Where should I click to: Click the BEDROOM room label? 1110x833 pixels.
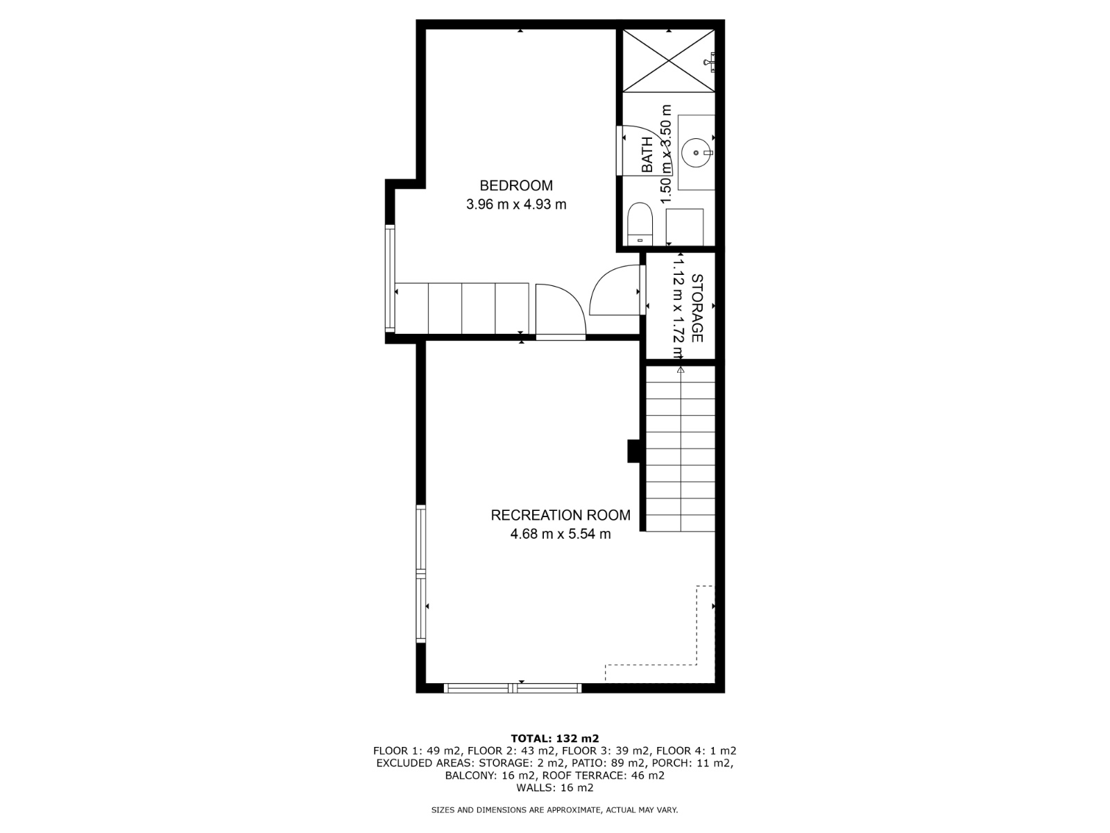click(x=516, y=185)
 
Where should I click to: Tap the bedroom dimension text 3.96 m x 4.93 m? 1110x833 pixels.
click(x=516, y=204)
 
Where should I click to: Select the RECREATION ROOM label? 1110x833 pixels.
click(x=561, y=515)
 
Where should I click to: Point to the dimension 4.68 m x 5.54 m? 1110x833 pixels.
click(x=561, y=534)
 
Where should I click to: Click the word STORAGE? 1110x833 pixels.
click(x=697, y=308)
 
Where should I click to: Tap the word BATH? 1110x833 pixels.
click(x=647, y=155)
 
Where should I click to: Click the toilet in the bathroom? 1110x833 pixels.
click(x=640, y=224)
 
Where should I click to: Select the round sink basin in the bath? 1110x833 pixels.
click(x=696, y=152)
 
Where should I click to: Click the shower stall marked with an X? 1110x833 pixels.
click(x=669, y=61)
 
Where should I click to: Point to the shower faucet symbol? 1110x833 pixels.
click(x=709, y=62)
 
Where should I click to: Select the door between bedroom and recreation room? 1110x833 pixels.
click(x=561, y=311)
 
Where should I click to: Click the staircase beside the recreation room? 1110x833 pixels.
click(x=680, y=448)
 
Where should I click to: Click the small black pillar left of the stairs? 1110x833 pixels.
click(x=633, y=451)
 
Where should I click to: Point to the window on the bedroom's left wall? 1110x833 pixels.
click(x=389, y=278)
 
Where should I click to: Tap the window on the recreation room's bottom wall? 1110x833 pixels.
click(x=513, y=688)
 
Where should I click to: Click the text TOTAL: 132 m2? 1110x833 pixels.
click(x=555, y=739)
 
